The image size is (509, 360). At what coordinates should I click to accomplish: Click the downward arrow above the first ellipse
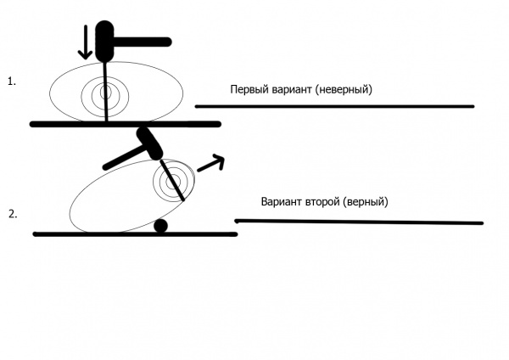click(84, 43)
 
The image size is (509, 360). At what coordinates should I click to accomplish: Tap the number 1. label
click(12, 82)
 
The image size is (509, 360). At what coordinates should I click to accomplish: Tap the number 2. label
click(12, 214)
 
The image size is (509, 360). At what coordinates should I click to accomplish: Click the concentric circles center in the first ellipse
click(106, 92)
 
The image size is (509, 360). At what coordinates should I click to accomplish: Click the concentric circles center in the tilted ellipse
click(168, 180)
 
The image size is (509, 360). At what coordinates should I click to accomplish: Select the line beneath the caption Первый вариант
click(334, 106)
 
